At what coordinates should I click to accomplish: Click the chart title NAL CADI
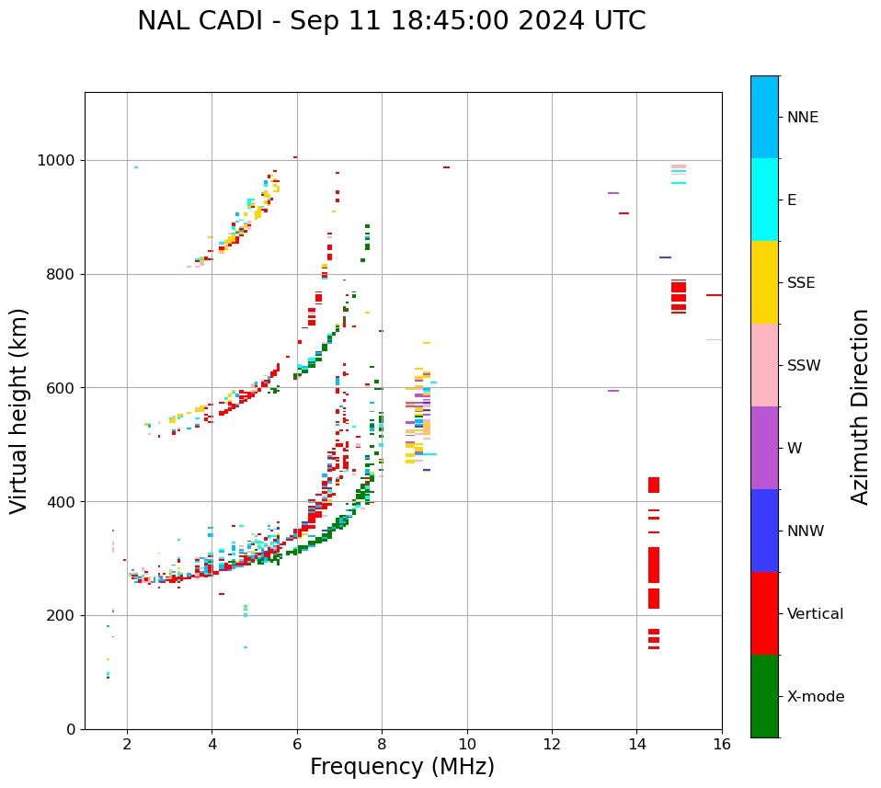[x=391, y=21]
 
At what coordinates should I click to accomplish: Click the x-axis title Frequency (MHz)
[x=402, y=767]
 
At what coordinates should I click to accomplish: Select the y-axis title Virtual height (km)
[x=19, y=410]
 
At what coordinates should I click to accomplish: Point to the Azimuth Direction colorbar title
[x=860, y=406]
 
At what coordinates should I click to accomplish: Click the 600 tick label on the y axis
[x=63, y=388]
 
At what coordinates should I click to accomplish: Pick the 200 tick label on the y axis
[x=63, y=615]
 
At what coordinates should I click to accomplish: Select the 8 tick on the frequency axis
[x=382, y=744]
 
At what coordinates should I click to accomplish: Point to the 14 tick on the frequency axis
[x=637, y=744]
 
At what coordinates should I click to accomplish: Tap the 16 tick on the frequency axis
[x=722, y=744]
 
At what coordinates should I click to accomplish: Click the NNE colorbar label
[x=803, y=118]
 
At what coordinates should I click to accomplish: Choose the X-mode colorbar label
[x=816, y=697]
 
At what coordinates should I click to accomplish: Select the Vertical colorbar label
[x=815, y=614]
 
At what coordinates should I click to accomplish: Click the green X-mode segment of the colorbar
[x=764, y=696]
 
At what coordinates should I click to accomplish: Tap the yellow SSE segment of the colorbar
[x=764, y=282]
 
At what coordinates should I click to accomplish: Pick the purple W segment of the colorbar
[x=764, y=448]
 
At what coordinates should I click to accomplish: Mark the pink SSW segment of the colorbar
[x=764, y=365]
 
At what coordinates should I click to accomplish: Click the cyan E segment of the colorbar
[x=764, y=200]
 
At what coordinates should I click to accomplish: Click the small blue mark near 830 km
[x=665, y=257]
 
